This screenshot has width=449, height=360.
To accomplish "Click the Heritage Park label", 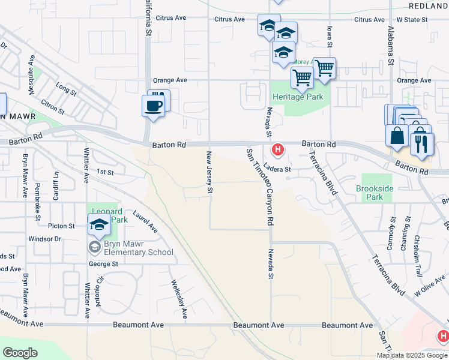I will tap(298, 97).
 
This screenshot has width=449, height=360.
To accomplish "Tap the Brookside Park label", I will tap(374, 192).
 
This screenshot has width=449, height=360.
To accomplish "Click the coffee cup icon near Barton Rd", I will tap(152, 106).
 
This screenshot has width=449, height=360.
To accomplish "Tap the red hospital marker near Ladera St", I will tap(277, 149).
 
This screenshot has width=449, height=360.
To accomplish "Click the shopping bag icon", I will tap(397, 135).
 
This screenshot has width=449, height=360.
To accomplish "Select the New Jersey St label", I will tap(210, 172).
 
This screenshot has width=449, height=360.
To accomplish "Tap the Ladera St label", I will tap(277, 169).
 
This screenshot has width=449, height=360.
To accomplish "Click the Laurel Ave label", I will tap(145, 221).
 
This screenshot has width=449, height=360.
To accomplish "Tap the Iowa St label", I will tap(330, 37).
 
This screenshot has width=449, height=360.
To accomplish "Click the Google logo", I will tap(20, 353).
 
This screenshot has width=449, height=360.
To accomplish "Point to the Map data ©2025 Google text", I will tap(412, 355).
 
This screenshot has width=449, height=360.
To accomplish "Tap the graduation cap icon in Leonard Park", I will tap(99, 226).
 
